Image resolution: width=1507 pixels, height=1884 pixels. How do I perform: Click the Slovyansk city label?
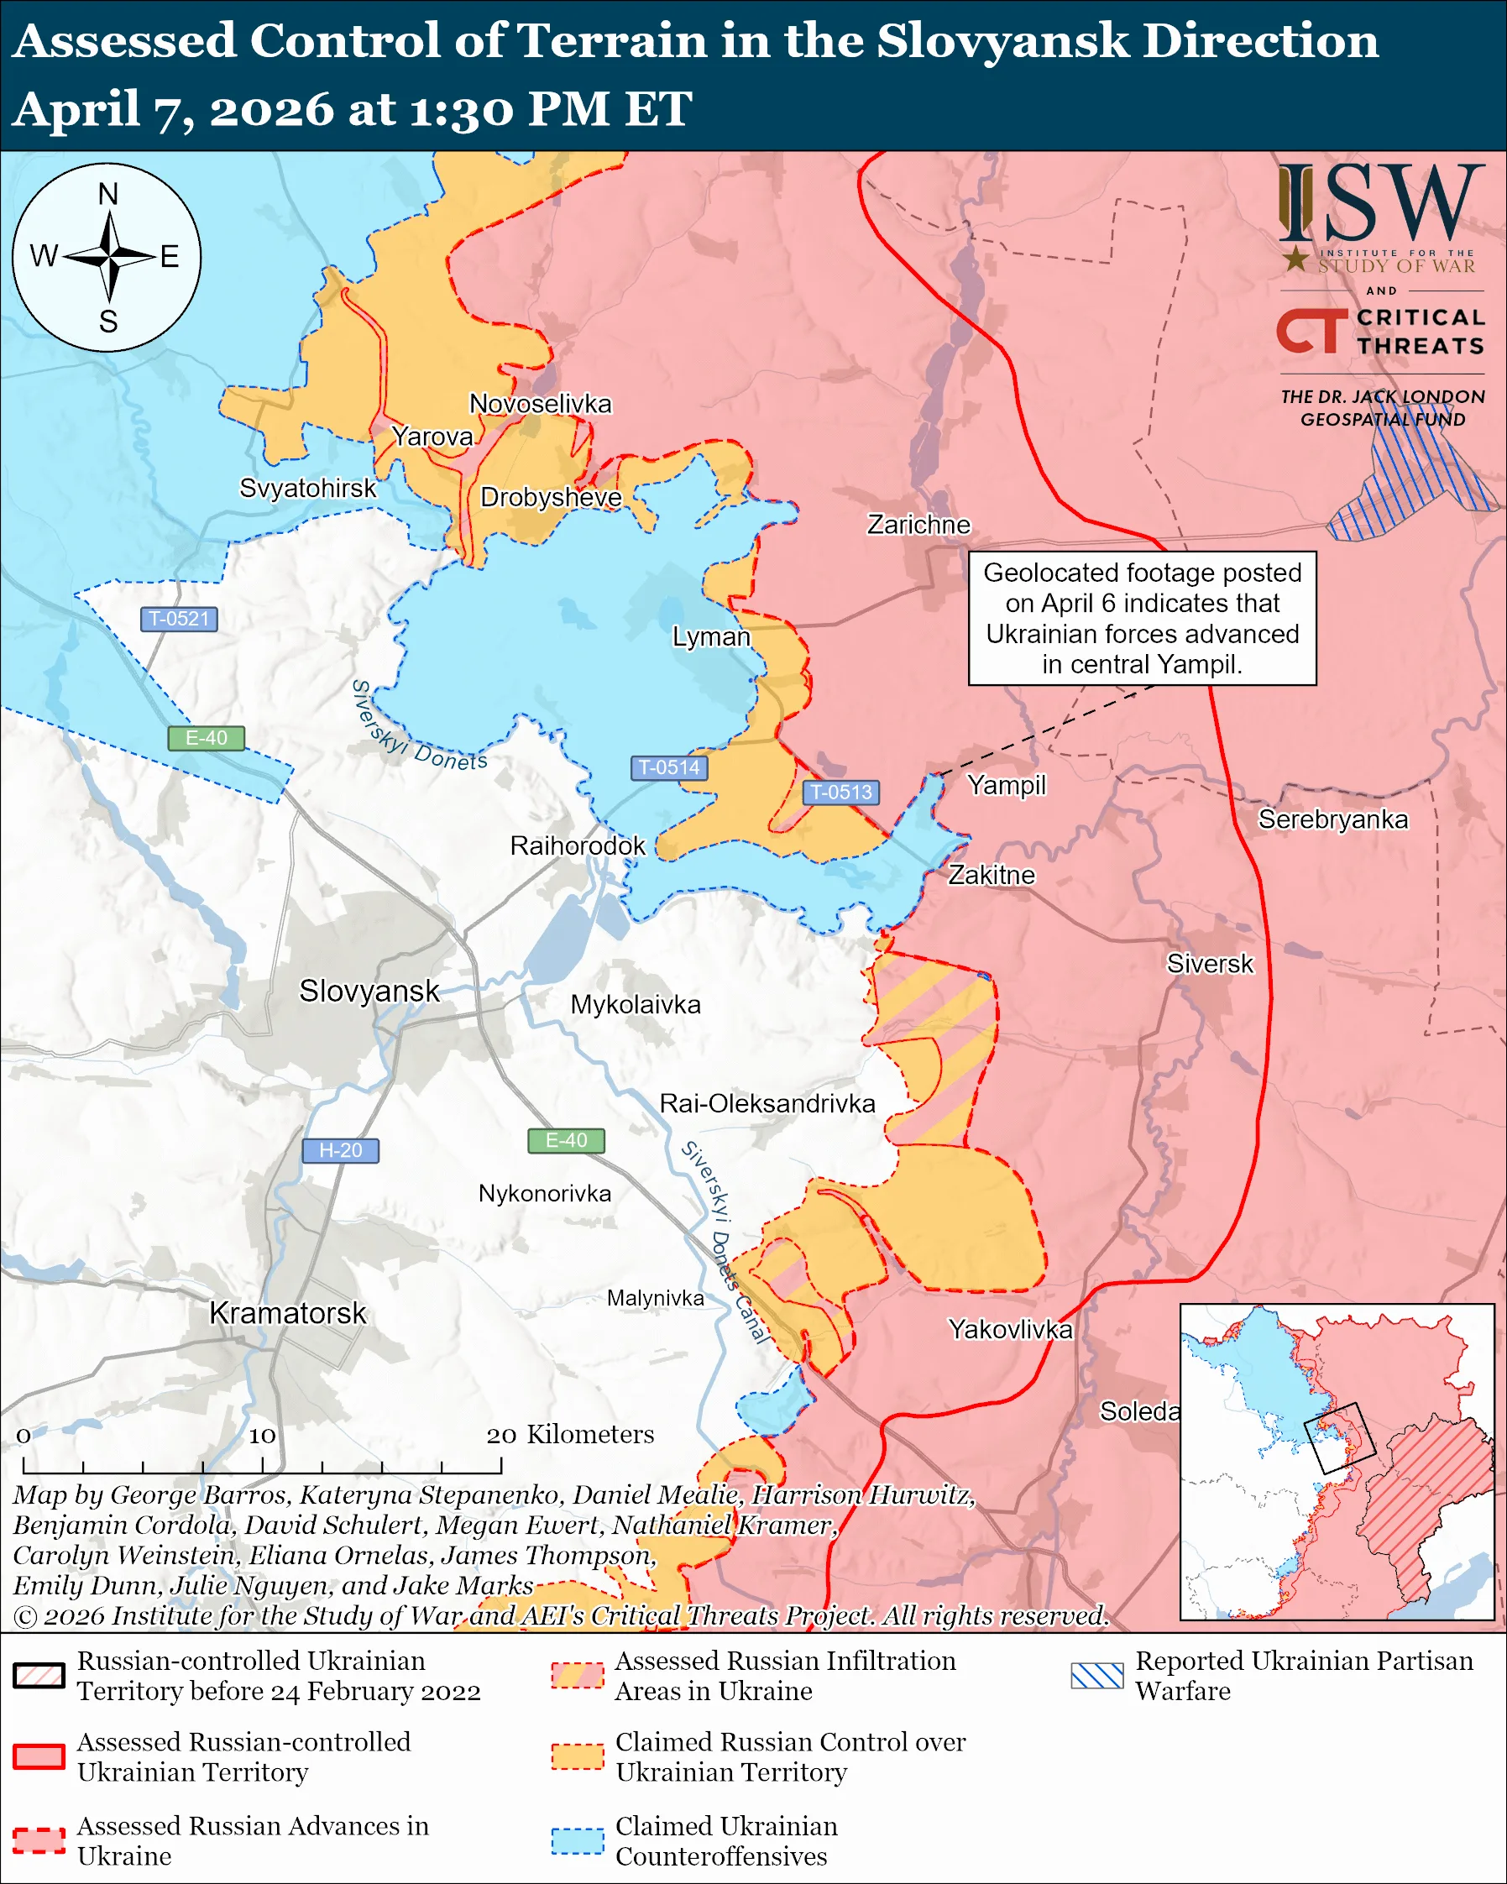pyautogui.click(x=369, y=991)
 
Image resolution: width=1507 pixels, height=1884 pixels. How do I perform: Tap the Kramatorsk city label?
pyautogui.click(x=287, y=1313)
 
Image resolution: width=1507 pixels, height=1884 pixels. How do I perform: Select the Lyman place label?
pyautogui.click(x=711, y=636)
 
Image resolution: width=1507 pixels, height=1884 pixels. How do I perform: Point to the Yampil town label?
pyautogui.click(x=1007, y=785)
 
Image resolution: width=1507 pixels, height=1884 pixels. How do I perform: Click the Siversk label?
pyautogui.click(x=1210, y=964)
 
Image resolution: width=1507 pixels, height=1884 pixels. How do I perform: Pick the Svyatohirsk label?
pyautogui.click(x=307, y=488)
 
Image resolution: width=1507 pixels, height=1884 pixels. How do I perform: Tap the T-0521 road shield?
pyautogui.click(x=179, y=619)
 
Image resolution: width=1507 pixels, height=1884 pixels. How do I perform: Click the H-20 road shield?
pyautogui.click(x=340, y=1150)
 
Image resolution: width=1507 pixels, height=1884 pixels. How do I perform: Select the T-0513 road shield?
pyautogui.click(x=840, y=792)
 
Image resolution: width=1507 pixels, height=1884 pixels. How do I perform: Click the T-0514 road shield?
pyautogui.click(x=668, y=767)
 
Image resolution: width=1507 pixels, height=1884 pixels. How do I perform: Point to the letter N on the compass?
pyautogui.click(x=107, y=194)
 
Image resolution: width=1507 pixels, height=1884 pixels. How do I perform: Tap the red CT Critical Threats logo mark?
pyautogui.click(x=1311, y=331)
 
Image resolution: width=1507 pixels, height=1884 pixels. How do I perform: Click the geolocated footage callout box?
pyautogui.click(x=1142, y=618)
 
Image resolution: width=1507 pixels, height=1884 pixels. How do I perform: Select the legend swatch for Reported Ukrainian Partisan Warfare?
pyautogui.click(x=1096, y=1675)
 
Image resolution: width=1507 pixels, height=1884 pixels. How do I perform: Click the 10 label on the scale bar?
pyautogui.click(x=262, y=1436)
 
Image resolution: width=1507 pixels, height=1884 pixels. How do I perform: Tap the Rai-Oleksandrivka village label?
pyautogui.click(x=767, y=1104)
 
